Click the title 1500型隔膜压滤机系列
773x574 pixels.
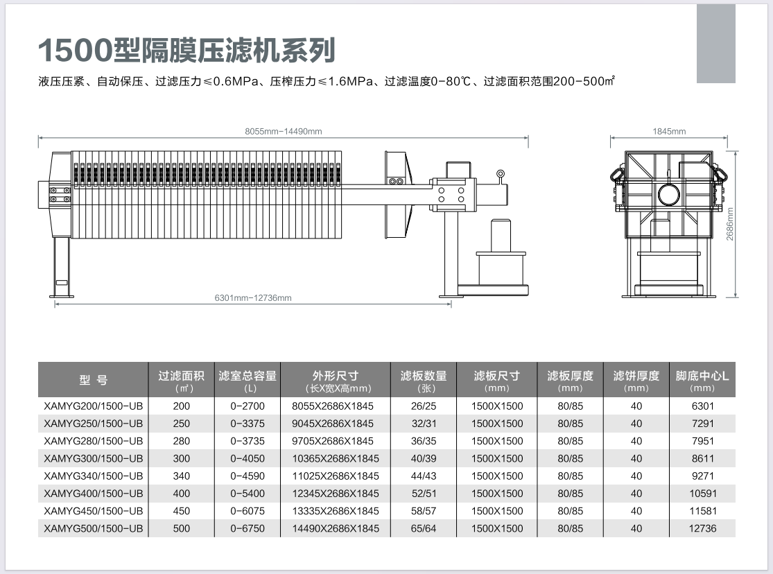[x=187, y=50]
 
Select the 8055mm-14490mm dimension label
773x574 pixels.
[x=283, y=131]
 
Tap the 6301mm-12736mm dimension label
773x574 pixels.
[x=253, y=298]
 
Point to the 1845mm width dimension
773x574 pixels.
[x=669, y=131]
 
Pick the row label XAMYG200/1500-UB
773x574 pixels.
[x=94, y=406]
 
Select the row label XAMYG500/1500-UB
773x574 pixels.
[x=94, y=528]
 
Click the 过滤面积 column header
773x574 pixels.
[x=181, y=380]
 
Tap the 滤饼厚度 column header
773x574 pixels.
[x=636, y=380]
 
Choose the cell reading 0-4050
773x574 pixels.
[x=247, y=458]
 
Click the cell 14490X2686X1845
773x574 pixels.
[x=336, y=528]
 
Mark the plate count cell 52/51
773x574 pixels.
[x=424, y=494]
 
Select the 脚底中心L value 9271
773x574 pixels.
[x=702, y=476]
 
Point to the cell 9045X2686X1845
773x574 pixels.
[x=336, y=424]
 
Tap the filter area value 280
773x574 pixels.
[x=181, y=441]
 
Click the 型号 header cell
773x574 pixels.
[x=94, y=380]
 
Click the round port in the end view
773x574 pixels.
[x=669, y=194]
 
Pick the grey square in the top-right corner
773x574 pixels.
[x=715, y=42]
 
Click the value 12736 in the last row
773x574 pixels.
[x=702, y=528]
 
